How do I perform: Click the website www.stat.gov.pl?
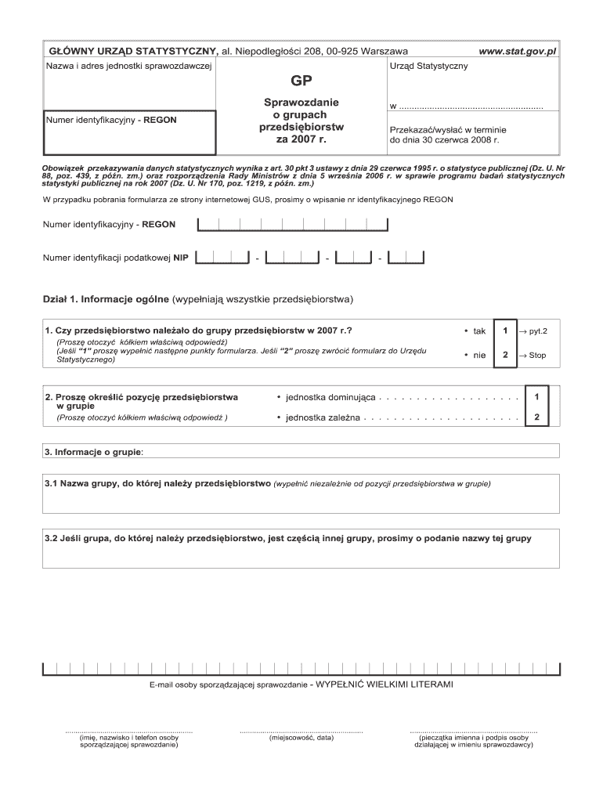coord(517,51)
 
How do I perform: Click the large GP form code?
coord(301,81)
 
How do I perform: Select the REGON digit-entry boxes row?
coord(293,226)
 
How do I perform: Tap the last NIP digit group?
coord(406,257)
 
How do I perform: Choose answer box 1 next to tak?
coord(506,331)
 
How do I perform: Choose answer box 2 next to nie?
coord(506,356)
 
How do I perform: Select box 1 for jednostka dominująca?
coord(536,398)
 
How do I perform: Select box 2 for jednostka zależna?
coord(536,417)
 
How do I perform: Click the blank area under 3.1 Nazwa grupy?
coord(301,500)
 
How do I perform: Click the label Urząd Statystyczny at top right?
coord(428,66)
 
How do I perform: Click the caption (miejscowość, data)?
coord(301,738)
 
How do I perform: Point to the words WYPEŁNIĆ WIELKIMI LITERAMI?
coord(385,684)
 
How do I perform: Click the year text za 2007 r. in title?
coord(301,139)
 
